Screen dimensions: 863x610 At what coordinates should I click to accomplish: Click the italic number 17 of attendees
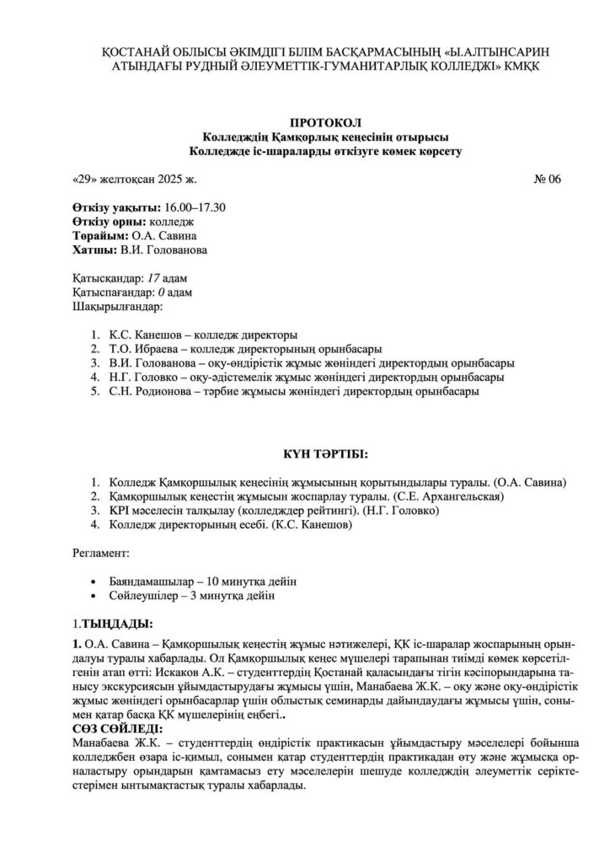(154, 278)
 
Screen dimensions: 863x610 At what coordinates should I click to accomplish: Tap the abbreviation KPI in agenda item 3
(119, 512)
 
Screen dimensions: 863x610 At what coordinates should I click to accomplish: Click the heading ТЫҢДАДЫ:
(116, 624)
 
